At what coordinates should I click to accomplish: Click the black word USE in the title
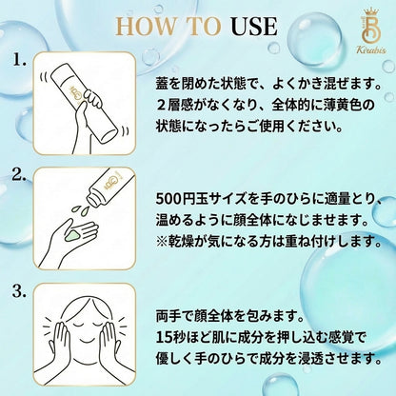click(254, 26)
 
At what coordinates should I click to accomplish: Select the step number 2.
click(19, 174)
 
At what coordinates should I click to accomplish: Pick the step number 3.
click(19, 290)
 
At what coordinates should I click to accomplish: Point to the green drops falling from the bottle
click(81, 209)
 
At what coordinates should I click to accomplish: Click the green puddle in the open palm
click(74, 236)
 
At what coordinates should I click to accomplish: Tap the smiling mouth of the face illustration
click(85, 342)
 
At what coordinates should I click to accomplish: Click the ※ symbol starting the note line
click(163, 242)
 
